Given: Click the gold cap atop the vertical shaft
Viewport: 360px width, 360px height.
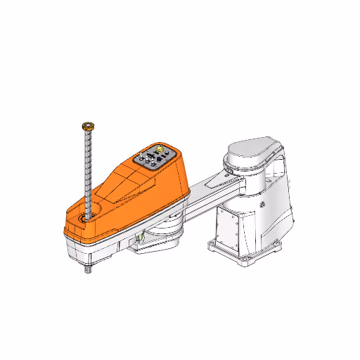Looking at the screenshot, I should (88, 125).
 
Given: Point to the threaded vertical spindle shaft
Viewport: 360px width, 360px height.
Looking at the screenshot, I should (88, 169).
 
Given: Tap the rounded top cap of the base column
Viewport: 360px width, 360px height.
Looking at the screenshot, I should (252, 152).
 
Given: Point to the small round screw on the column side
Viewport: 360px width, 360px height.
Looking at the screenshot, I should (262, 205).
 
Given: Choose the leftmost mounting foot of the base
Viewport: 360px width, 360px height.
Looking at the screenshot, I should (212, 245).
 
